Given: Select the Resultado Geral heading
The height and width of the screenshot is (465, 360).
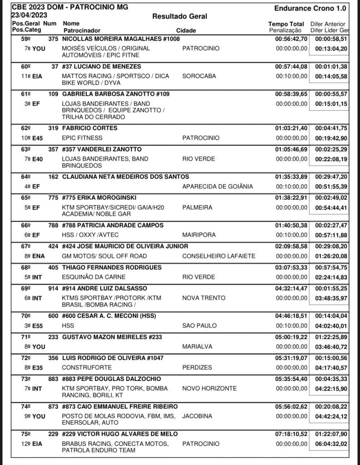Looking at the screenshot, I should (x=180, y=16).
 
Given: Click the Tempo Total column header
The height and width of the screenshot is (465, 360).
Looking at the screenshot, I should (x=286, y=24).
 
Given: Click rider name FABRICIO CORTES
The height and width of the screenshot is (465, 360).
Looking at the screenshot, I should (x=89, y=128).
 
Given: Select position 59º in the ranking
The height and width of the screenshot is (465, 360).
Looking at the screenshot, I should (x=21, y=39).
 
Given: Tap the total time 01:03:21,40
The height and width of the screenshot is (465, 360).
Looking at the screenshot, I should (x=291, y=128).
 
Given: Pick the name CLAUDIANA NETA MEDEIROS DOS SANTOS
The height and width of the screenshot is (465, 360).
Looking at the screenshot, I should (x=125, y=177).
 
